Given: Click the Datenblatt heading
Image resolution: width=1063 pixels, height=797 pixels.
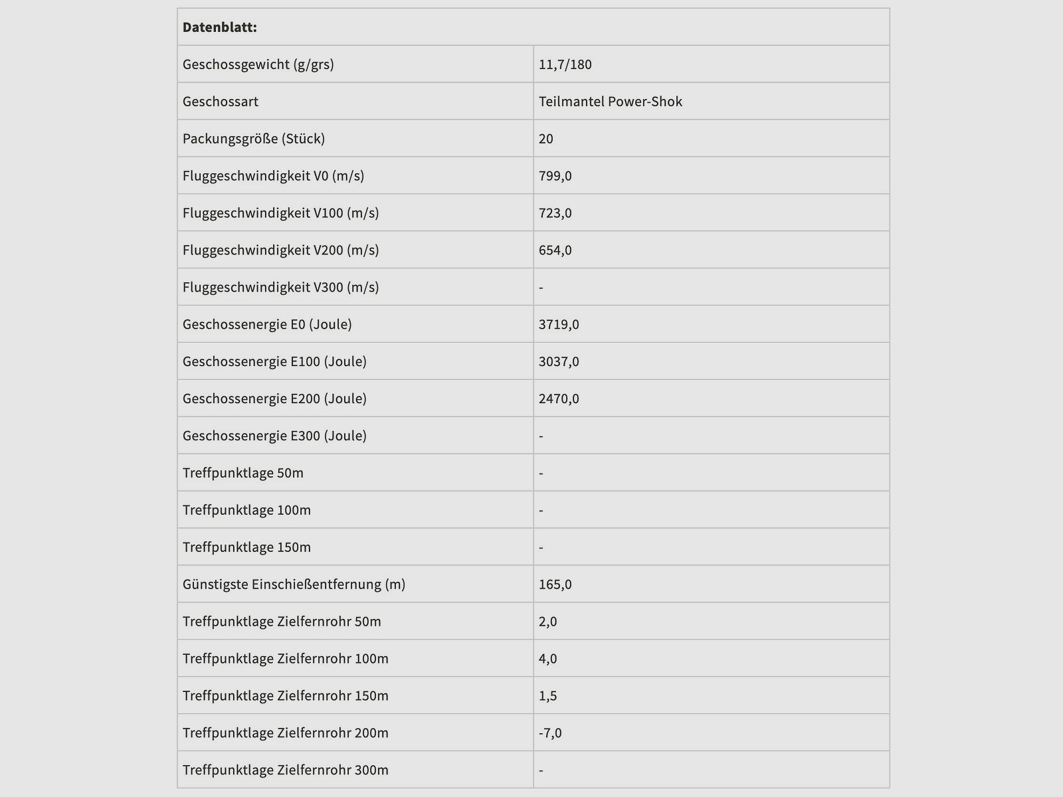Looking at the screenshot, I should tap(220, 27).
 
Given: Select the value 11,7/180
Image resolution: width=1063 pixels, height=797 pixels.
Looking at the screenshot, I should tap(565, 64).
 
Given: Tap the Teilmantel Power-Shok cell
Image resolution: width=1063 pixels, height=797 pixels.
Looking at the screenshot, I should tap(611, 102).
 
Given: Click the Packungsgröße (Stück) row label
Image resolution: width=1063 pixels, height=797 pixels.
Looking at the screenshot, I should tap(254, 139).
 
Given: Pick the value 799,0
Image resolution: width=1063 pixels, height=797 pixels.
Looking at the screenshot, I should tap(555, 176).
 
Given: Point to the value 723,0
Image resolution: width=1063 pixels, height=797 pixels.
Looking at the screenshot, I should tap(555, 213).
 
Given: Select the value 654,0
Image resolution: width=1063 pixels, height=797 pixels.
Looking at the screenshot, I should tap(555, 250).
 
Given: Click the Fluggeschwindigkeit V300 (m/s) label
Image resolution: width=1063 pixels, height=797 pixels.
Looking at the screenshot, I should tap(281, 288).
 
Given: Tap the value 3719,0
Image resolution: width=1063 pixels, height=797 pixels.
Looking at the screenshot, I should tap(559, 325).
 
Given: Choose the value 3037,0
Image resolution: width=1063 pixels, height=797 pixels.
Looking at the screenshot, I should tap(559, 362).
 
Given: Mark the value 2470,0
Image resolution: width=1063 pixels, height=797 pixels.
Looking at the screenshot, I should tap(559, 399).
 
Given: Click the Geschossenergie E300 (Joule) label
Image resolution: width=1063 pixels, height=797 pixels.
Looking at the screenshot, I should tap(274, 436).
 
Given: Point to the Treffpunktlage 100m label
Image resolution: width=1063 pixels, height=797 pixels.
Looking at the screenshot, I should tap(246, 511).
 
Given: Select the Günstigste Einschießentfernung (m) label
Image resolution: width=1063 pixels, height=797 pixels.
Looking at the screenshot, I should tap(294, 585).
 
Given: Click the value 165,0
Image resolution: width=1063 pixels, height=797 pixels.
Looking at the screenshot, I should tap(555, 585).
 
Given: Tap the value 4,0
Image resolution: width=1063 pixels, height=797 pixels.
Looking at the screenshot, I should tap(548, 660).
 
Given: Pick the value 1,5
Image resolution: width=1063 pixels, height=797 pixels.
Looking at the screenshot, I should tap(548, 697).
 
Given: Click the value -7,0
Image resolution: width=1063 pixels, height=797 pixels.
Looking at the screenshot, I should tap(551, 734).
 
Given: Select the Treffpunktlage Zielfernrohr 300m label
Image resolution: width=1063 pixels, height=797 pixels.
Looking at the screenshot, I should tap(286, 771).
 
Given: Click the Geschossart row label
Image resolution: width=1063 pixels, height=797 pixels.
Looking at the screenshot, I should tap(221, 102).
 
